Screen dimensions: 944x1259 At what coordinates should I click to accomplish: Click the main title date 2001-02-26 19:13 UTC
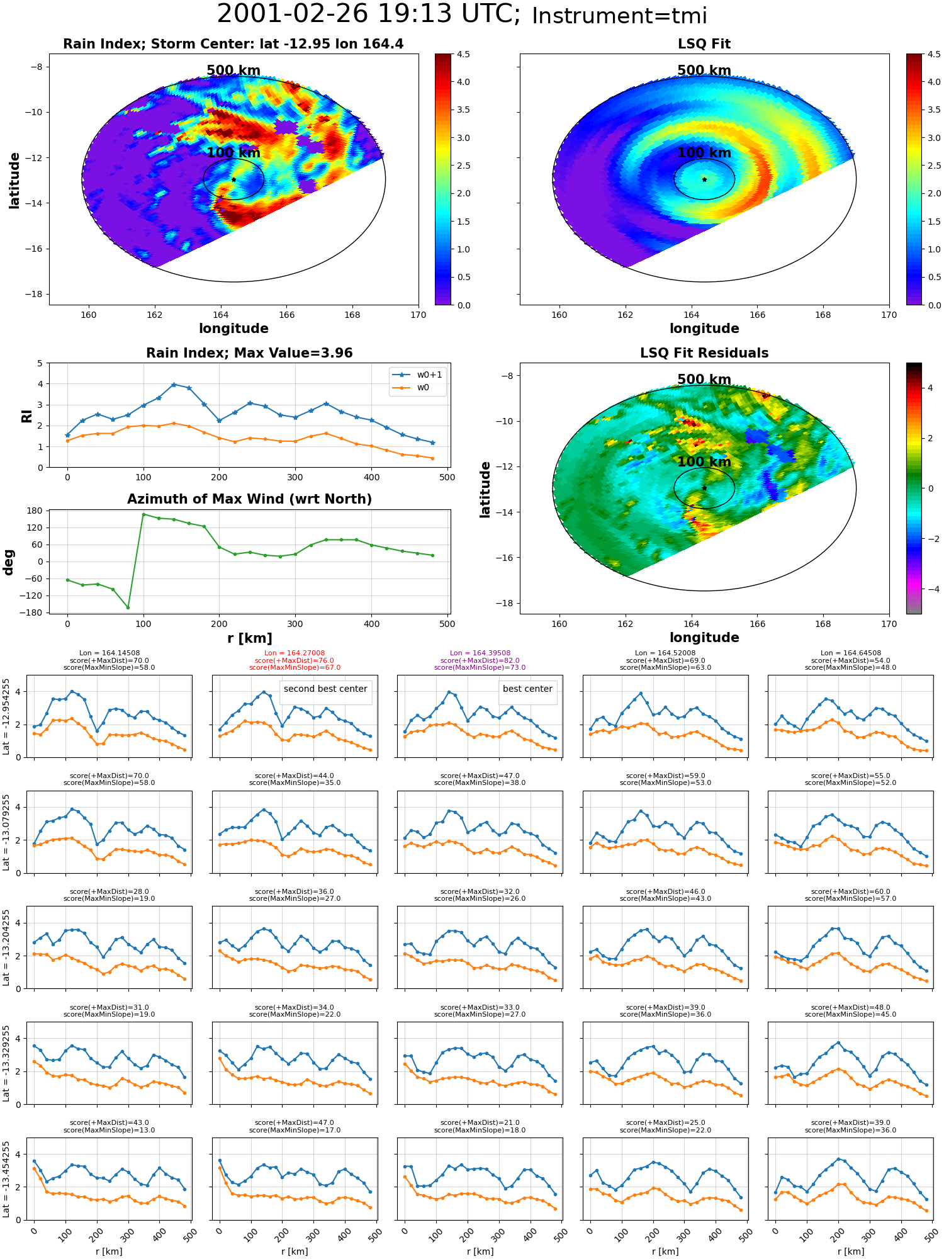[x=368, y=14]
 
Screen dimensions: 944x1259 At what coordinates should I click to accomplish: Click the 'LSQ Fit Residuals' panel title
[x=704, y=353]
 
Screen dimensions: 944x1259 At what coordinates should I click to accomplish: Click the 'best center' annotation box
[x=527, y=689]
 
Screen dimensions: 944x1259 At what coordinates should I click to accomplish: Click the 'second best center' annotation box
[x=325, y=689]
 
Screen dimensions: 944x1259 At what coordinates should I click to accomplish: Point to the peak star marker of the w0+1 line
[x=174, y=385]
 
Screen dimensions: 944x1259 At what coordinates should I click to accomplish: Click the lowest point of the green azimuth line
[x=128, y=607]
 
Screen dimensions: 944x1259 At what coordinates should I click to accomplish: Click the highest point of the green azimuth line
[x=143, y=514]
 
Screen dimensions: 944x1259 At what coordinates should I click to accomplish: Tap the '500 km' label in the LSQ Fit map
[x=704, y=71]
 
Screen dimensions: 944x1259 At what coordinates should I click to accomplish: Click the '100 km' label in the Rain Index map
[x=233, y=152]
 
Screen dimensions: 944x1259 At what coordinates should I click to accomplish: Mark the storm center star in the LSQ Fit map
[x=704, y=179]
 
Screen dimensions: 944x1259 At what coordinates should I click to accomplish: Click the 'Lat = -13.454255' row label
[x=6, y=1178]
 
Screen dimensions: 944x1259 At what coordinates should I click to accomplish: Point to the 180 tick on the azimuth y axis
[x=35, y=511]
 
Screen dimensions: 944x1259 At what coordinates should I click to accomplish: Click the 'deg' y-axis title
[x=9, y=562]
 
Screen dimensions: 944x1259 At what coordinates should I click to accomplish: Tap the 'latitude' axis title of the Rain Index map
[x=14, y=180]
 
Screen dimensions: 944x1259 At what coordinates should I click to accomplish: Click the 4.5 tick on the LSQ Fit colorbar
[x=934, y=54]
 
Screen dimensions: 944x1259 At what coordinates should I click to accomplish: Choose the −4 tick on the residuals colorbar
[x=931, y=589]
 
